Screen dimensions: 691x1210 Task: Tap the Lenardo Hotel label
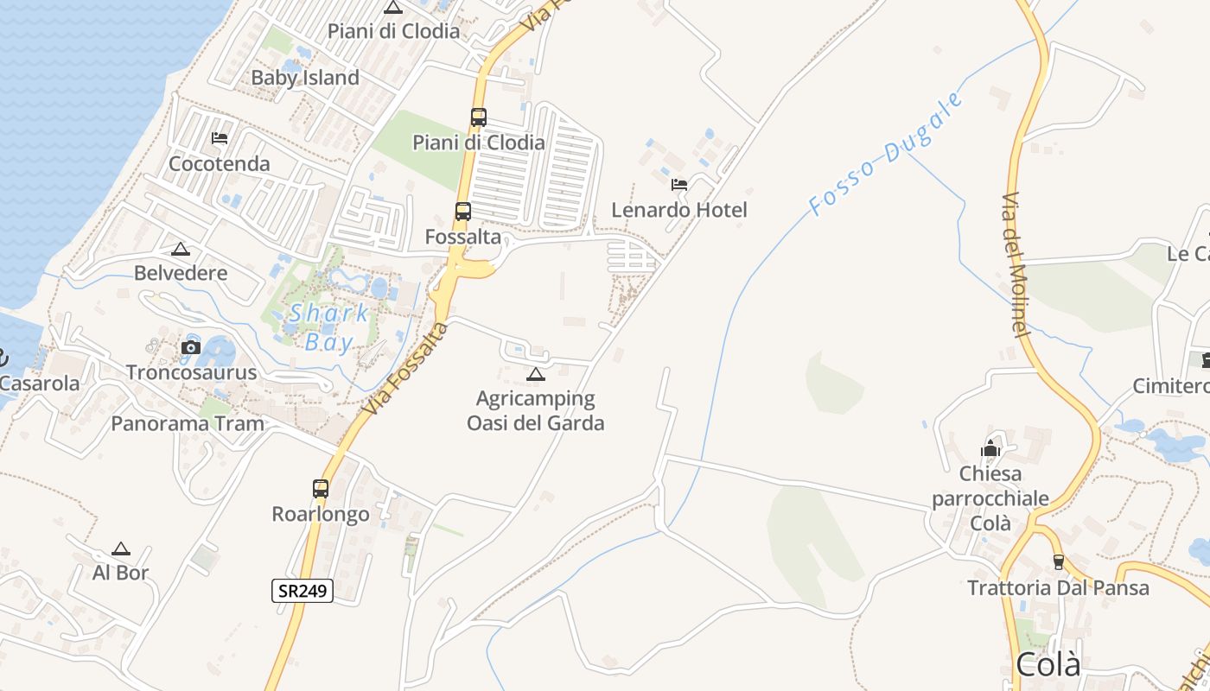679,210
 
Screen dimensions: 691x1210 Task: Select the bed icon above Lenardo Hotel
679,184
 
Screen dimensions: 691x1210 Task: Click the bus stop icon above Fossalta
463,211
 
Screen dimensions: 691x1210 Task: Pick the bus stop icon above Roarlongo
321,489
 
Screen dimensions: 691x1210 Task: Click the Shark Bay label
329,327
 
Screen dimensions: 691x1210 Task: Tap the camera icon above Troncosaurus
191,348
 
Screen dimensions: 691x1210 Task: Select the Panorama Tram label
188,423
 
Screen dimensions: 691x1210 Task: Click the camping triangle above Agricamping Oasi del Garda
536,375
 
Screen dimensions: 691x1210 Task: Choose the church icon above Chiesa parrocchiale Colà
990,448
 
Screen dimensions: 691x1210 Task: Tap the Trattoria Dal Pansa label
1058,588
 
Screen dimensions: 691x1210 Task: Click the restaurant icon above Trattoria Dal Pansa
1058,562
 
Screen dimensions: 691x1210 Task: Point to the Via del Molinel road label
1016,264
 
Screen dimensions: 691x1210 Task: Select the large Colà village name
1048,664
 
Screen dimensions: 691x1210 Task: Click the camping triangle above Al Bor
121,548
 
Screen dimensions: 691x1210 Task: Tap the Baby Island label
305,78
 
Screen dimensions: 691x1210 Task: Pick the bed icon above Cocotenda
220,138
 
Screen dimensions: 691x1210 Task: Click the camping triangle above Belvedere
181,250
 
